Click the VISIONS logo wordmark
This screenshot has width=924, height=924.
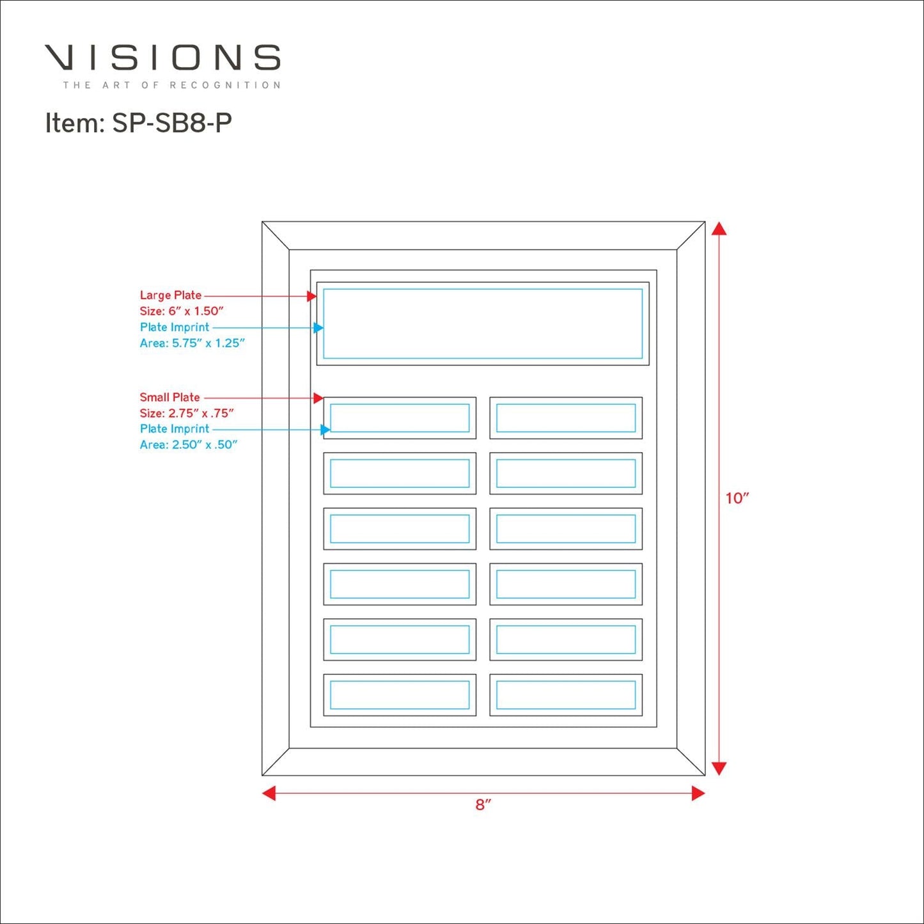[x=162, y=58]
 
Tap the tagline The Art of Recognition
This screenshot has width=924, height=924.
[x=171, y=85]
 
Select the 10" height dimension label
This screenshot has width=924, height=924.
[x=737, y=499]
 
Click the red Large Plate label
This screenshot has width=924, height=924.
[x=170, y=295]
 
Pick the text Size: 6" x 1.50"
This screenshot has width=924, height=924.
[x=182, y=311]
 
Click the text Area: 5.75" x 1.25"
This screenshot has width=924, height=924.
[x=192, y=343]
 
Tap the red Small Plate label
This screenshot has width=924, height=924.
[x=169, y=398]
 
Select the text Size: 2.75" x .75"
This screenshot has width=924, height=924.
[x=187, y=413]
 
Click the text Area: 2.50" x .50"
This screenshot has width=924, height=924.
[x=189, y=445]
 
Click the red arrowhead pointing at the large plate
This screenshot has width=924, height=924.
[x=311, y=296]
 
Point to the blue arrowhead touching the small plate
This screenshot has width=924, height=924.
[x=325, y=430]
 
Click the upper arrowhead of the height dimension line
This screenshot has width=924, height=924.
[x=719, y=229]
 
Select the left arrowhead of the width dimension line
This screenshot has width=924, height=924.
[x=269, y=793]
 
